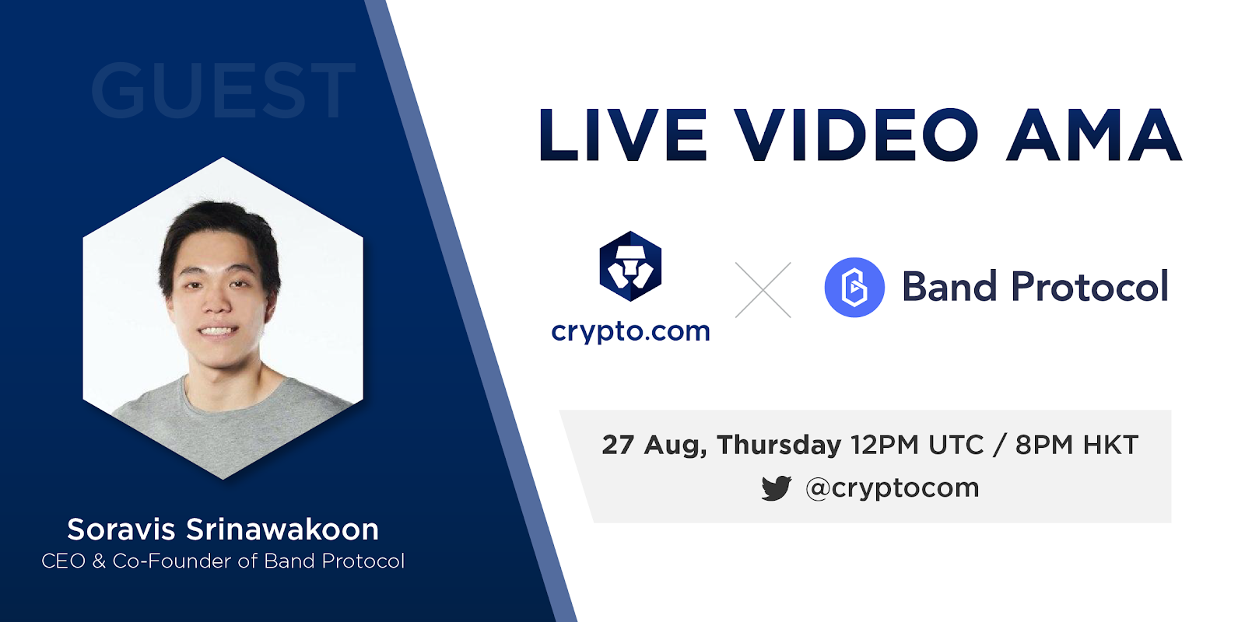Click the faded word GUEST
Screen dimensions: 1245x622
pos(223,90)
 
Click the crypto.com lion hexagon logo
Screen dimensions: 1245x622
pos(630,266)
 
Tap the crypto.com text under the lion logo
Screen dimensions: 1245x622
pos(630,332)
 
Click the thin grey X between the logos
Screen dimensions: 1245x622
pos(763,290)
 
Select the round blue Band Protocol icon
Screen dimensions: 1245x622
pos(854,287)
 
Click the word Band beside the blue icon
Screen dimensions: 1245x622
pos(949,287)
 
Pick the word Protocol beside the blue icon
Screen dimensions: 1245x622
pos(1089,287)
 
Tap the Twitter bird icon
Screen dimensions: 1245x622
pos(777,488)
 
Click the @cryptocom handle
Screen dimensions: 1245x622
pos(892,488)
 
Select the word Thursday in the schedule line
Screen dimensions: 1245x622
pos(779,446)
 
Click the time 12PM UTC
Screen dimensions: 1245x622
pos(917,445)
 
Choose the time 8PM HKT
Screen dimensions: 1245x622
pos(1077,445)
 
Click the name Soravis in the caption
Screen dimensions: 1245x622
pos(121,529)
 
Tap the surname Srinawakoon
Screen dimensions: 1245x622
pos(282,529)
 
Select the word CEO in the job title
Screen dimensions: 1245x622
pos(63,561)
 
